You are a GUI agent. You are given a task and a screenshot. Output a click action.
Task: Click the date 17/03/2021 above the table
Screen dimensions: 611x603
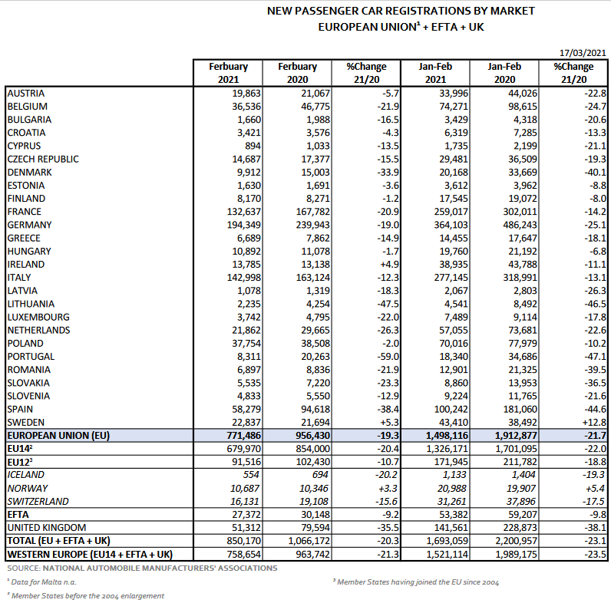(x=583, y=53)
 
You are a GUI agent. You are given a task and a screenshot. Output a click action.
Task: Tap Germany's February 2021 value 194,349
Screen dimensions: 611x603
(x=244, y=225)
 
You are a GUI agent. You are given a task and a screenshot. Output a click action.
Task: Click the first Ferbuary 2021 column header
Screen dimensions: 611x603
(x=228, y=73)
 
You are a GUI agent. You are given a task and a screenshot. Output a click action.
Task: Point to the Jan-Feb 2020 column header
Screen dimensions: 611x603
(x=504, y=73)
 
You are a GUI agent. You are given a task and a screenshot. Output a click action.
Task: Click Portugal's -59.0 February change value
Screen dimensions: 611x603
(x=388, y=357)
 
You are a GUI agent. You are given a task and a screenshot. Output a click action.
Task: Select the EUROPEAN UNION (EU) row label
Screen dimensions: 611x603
(x=58, y=436)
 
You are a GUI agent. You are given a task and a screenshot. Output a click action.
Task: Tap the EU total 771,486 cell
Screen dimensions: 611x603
(x=244, y=436)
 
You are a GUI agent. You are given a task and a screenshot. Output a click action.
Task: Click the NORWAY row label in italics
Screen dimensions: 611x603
(x=28, y=488)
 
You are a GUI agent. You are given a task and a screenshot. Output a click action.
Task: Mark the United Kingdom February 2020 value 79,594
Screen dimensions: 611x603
(x=315, y=527)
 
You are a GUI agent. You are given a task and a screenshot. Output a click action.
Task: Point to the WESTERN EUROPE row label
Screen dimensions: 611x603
(x=90, y=554)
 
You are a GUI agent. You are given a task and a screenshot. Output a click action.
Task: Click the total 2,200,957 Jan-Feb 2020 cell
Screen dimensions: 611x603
(x=517, y=541)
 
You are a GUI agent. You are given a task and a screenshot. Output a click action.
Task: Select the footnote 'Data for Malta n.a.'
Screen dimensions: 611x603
(x=41, y=582)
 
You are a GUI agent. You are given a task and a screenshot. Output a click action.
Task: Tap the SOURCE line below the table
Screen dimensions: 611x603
(x=142, y=568)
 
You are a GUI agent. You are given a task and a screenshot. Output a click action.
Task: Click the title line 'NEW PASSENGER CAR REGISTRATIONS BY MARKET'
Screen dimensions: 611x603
(x=401, y=11)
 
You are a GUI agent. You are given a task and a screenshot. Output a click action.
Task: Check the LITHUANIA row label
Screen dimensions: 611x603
(x=31, y=304)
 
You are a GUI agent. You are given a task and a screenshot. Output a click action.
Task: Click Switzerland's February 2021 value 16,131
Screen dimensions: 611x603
(x=245, y=501)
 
